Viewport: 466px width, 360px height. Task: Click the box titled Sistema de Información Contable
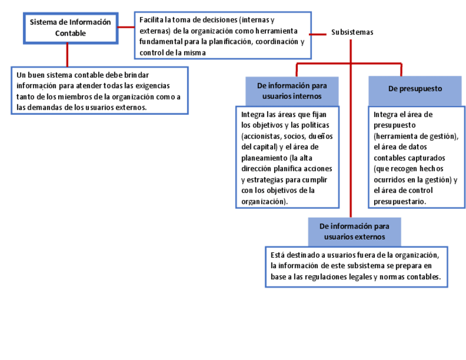(70, 27)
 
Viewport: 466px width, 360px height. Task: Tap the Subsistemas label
(352, 32)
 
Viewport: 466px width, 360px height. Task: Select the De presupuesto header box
(414, 88)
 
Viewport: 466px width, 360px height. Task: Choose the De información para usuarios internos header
(292, 91)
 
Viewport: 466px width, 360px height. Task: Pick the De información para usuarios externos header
(354, 231)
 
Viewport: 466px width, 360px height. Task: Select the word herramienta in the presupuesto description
(397, 136)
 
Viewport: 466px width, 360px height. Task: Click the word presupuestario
(400, 202)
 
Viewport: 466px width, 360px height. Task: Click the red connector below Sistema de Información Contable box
(68, 55)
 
